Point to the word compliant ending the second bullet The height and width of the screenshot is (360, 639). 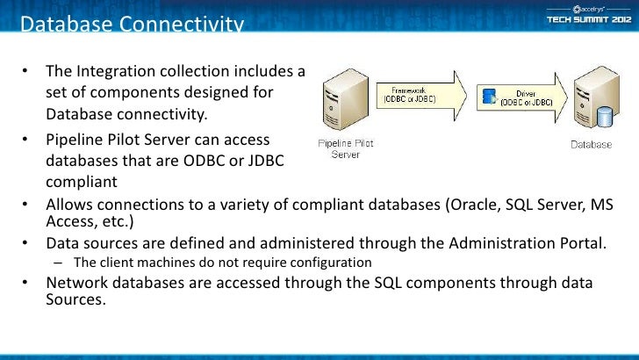pos(81,183)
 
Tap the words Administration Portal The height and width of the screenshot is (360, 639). pos(532,242)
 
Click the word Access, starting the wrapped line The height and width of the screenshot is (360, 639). pos(70,220)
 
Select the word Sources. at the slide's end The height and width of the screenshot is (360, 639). pos(75,299)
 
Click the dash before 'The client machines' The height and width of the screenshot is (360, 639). pos(57,263)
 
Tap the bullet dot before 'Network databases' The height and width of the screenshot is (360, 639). pos(27,283)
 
